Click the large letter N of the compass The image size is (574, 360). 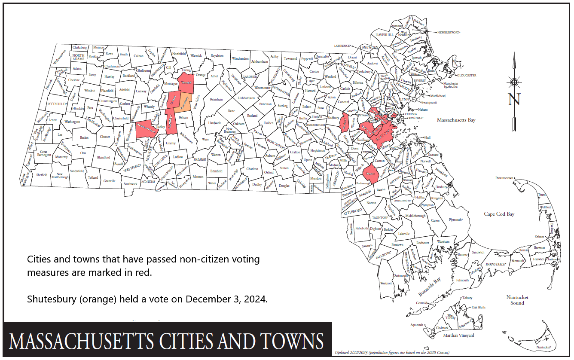[x=514, y=99]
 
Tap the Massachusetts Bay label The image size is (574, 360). [x=456, y=120]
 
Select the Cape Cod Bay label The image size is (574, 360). [x=499, y=214]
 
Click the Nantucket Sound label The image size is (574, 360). [x=517, y=300]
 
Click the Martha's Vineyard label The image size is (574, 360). [x=458, y=336]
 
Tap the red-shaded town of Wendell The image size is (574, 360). [x=186, y=83]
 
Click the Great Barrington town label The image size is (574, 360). [x=43, y=153]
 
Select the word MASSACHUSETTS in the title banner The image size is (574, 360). [x=81, y=341]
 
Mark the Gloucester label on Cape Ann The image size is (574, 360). [x=466, y=75]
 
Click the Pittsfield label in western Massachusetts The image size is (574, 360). [x=57, y=104]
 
